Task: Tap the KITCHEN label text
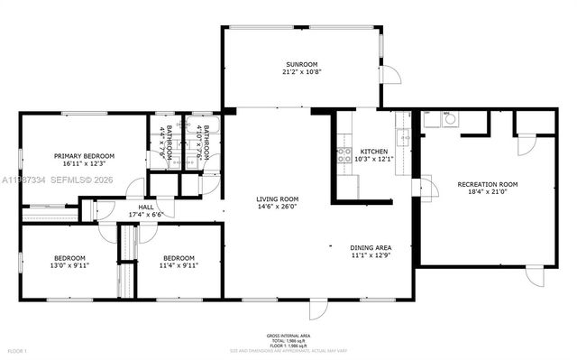pos(373,151)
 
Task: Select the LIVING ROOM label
pos(277,198)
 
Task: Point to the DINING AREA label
pos(371,246)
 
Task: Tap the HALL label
pos(146,207)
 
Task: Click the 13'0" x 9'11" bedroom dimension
pos(69,266)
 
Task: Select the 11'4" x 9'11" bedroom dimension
pos(179,266)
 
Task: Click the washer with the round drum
pos(449,118)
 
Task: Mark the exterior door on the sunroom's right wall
pos(389,76)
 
